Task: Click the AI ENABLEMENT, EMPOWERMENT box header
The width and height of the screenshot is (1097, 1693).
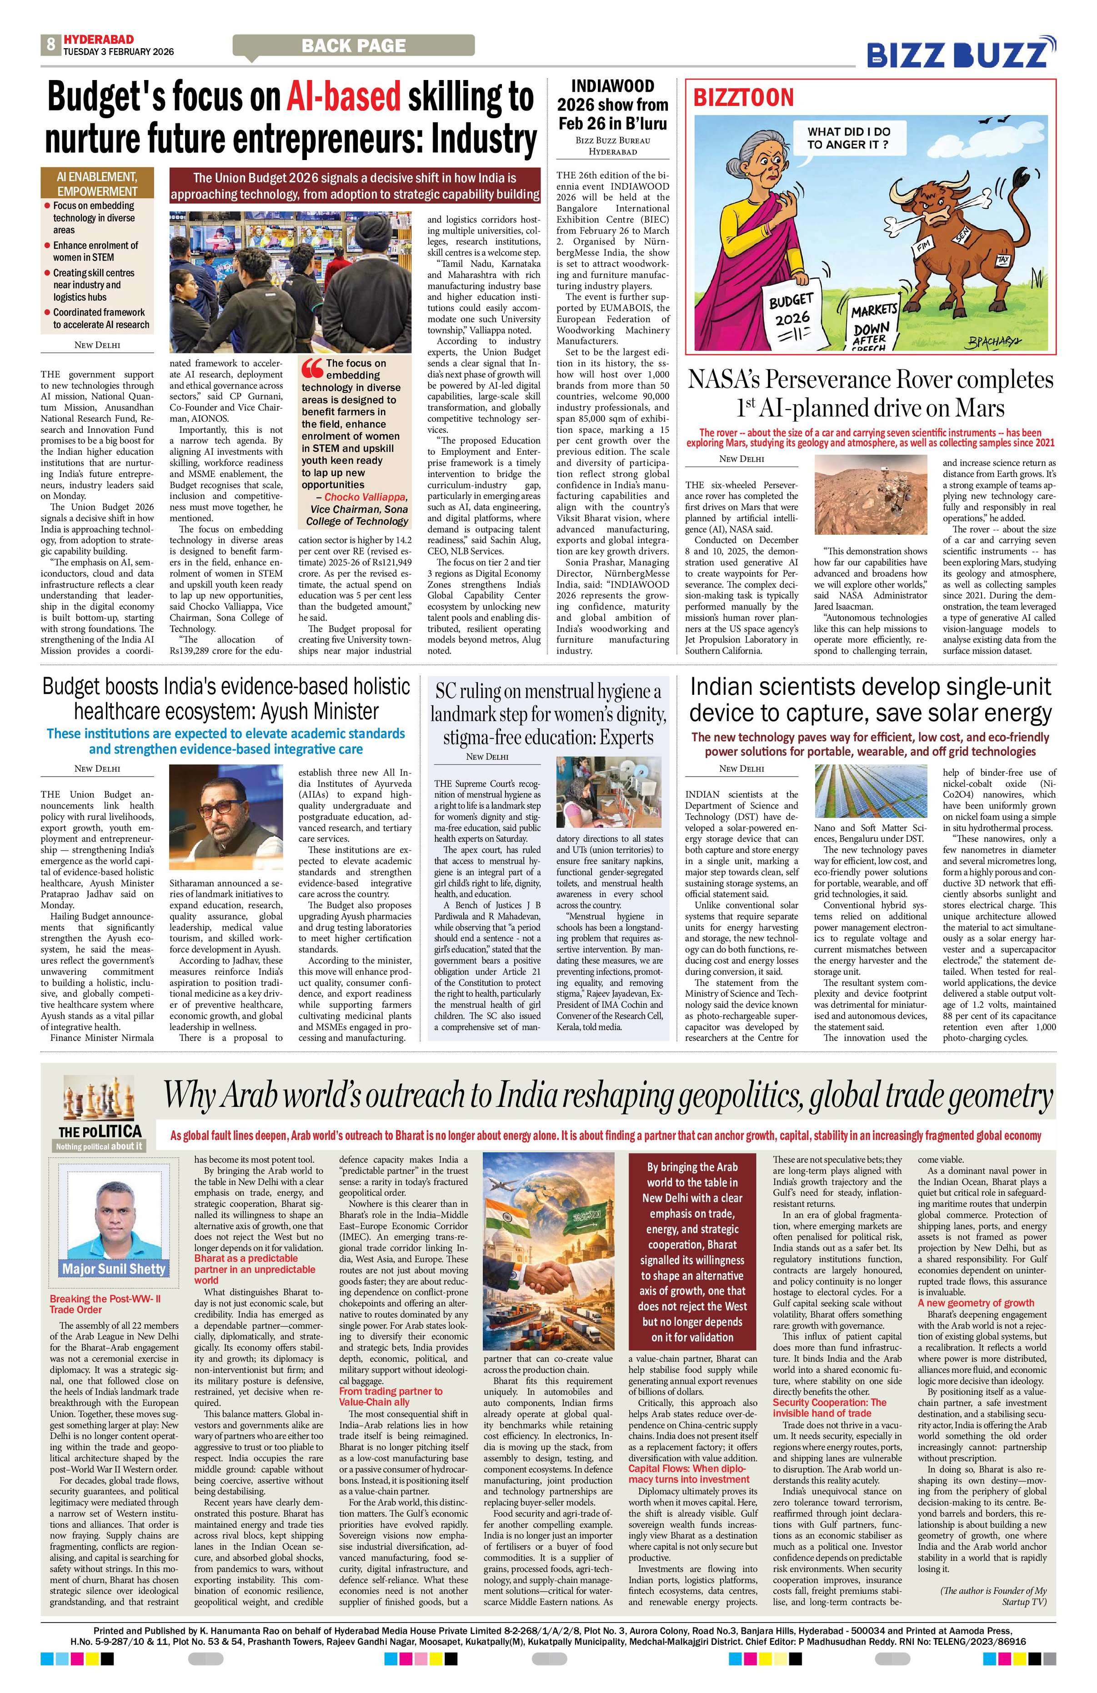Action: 97,184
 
